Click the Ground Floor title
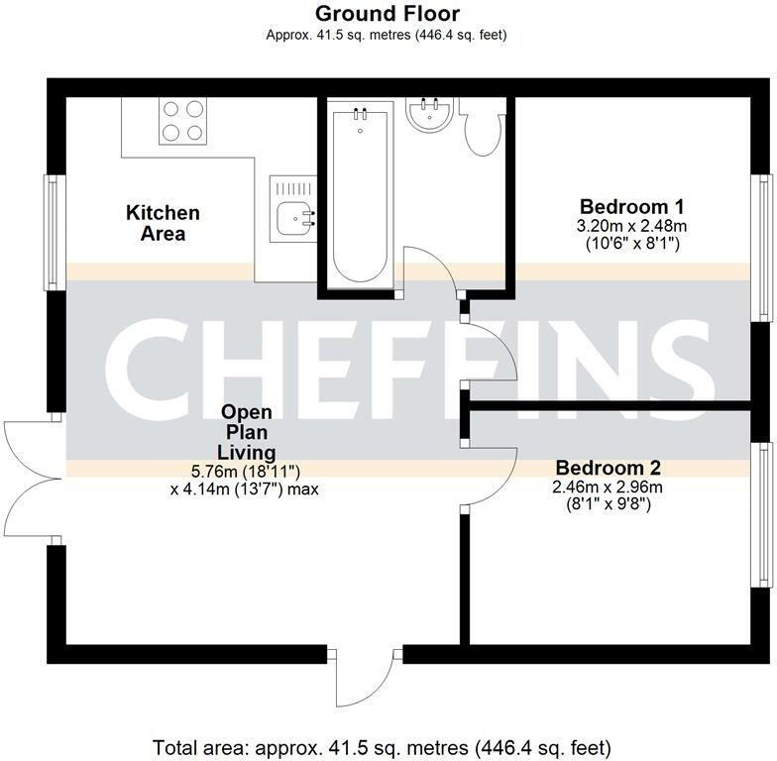point(387,14)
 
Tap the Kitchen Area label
point(163,223)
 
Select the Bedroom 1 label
point(632,207)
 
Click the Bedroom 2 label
point(608,468)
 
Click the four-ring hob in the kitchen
point(181,121)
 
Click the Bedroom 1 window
point(762,248)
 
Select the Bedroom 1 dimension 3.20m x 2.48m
point(632,226)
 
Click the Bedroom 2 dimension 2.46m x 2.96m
point(608,487)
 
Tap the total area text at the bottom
point(383,746)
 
